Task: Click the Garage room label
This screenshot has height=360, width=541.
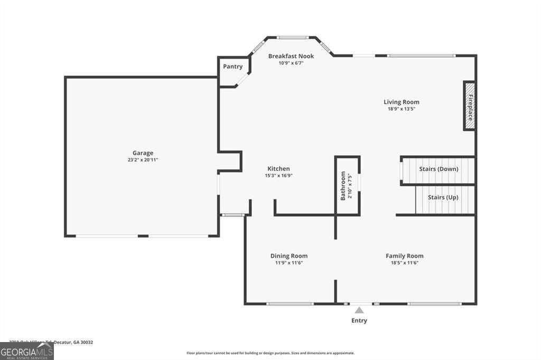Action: pyautogui.click(x=143, y=153)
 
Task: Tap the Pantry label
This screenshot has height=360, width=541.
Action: pyautogui.click(x=233, y=67)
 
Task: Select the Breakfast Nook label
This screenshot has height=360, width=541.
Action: pyautogui.click(x=291, y=56)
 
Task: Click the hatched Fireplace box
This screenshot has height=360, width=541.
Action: pyautogui.click(x=469, y=106)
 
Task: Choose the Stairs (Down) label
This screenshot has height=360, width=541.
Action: pyautogui.click(x=439, y=169)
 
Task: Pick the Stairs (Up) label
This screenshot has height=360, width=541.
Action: pyautogui.click(x=443, y=197)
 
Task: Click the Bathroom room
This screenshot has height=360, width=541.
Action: pyautogui.click(x=347, y=185)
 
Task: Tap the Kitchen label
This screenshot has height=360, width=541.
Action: pyautogui.click(x=278, y=169)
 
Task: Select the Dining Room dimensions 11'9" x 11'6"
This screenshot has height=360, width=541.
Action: pyautogui.click(x=289, y=262)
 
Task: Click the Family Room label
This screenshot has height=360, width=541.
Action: pyautogui.click(x=404, y=256)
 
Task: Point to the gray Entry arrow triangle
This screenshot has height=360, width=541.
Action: pyautogui.click(x=359, y=310)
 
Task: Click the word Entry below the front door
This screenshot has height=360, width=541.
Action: pyautogui.click(x=359, y=320)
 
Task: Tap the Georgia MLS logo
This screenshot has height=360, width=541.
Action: pyautogui.click(x=26, y=351)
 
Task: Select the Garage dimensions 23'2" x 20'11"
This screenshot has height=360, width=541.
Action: pyautogui.click(x=143, y=159)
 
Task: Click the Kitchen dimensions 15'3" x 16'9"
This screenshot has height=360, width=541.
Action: pyautogui.click(x=278, y=175)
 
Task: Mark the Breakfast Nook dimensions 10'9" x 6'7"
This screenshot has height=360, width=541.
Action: pyautogui.click(x=291, y=63)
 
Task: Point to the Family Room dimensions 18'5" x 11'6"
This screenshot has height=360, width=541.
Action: pyautogui.click(x=404, y=262)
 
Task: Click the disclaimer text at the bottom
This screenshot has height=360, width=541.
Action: pyautogui.click(x=270, y=353)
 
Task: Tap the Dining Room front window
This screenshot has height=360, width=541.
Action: pyautogui.click(x=290, y=304)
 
